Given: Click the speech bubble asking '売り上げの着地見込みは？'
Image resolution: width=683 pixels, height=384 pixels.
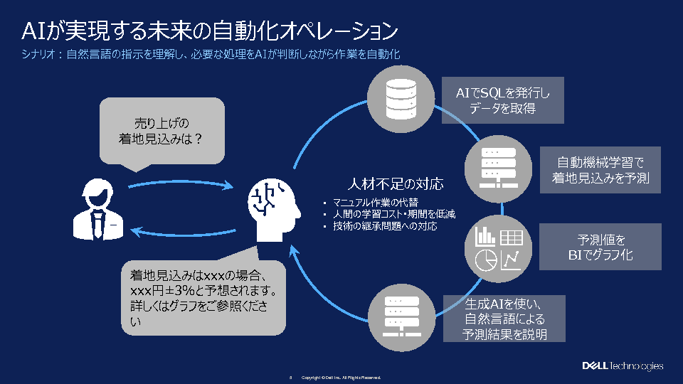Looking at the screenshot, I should coord(162,132).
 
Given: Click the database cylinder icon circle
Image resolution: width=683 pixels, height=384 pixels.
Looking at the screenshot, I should coord(400,99).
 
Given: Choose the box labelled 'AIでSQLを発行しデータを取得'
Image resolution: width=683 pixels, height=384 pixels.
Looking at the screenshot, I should coord(502,100).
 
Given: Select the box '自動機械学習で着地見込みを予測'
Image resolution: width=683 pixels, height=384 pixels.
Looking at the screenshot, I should coord(600,170).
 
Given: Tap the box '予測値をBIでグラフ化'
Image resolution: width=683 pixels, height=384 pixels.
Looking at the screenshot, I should coord(600,246).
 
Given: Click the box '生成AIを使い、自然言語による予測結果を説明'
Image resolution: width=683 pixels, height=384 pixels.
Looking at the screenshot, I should coord(504,319).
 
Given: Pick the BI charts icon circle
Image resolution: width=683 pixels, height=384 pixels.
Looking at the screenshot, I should coord(499,247).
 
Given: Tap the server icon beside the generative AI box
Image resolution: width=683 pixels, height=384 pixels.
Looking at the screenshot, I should coord(400,316).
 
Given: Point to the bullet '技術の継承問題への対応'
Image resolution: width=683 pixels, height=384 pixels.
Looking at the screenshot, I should coord(384,226).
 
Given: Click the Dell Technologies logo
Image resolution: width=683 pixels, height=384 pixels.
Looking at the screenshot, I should coord(623,366).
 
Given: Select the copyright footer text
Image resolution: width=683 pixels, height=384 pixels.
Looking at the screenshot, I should coord(341,377).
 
